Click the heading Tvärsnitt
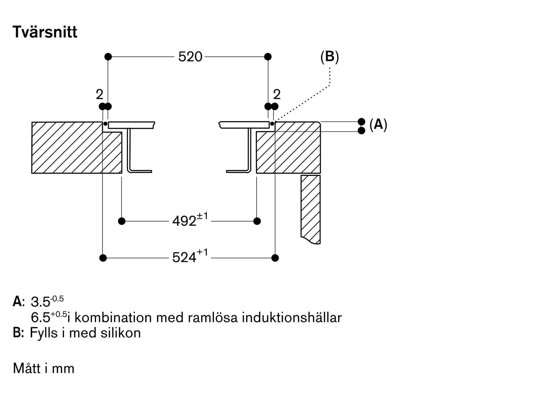point(45,32)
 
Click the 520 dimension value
point(190,57)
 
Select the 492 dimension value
point(184,221)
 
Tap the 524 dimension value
point(184,258)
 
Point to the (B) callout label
point(330,57)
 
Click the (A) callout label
point(378,125)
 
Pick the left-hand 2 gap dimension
point(99,94)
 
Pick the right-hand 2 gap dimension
point(277,94)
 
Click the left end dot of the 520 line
point(108,57)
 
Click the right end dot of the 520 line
point(268,57)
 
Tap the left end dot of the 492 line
point(122,221)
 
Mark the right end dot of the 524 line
point(275,258)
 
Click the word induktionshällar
point(292,318)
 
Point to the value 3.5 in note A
point(40,302)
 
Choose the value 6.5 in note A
point(40,318)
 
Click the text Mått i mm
point(44,368)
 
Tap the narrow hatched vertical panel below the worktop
point(311,209)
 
